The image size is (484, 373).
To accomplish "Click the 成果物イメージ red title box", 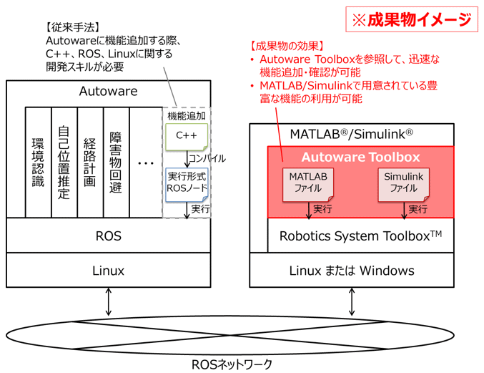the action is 412,19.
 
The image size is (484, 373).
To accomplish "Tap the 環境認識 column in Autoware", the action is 39,163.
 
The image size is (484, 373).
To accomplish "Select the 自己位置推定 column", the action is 64,163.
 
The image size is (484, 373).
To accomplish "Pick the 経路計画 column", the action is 90,163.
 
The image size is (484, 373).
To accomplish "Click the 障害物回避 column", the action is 117,163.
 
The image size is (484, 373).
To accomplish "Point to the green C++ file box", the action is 187,137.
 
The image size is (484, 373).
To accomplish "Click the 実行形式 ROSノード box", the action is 187,185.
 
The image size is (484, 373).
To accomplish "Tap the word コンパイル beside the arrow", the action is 207,158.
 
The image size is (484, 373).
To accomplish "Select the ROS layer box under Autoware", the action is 109,236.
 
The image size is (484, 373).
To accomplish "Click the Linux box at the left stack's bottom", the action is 109,270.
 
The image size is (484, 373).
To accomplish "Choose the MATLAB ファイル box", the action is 308,185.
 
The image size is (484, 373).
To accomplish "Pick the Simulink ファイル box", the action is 404,185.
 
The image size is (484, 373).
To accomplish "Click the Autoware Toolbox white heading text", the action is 361,157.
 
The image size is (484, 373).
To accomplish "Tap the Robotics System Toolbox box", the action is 361,236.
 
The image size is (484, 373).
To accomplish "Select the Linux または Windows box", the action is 352,270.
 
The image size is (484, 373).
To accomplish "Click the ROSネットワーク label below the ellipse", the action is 232,364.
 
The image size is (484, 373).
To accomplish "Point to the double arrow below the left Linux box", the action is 109,301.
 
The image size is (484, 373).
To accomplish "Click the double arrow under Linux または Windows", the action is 352,301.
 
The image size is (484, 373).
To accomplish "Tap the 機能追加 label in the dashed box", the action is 187,116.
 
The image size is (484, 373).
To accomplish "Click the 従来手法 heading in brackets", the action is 73,27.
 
